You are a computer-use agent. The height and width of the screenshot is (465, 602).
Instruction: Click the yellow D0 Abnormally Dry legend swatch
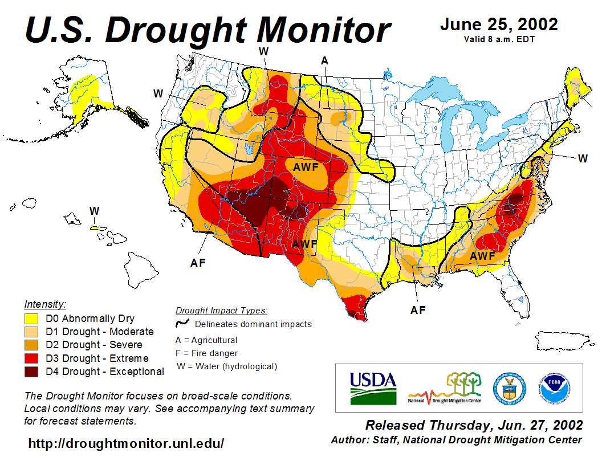[x=31, y=319]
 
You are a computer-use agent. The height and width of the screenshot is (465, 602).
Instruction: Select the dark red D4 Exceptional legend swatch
[x=31, y=372]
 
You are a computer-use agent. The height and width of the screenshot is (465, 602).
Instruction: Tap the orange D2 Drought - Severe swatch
[x=31, y=345]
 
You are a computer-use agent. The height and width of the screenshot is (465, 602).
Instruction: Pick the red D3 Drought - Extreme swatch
[x=31, y=358]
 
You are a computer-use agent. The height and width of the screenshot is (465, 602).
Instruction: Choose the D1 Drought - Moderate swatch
[x=31, y=332]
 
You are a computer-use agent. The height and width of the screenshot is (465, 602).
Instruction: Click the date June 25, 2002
[x=499, y=25]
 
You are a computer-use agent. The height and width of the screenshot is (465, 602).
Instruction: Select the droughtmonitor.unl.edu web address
[x=126, y=443]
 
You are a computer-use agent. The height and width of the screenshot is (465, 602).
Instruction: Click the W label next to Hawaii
[x=94, y=211]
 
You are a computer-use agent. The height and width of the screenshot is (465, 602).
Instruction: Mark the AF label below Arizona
[x=198, y=263]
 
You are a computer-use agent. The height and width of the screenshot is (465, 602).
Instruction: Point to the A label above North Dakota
[x=324, y=61]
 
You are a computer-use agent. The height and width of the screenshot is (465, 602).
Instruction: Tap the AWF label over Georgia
[x=482, y=256]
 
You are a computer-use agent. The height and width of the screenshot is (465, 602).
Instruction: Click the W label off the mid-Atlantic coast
[x=582, y=158]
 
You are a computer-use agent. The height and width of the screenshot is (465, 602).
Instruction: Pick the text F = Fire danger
[x=206, y=353]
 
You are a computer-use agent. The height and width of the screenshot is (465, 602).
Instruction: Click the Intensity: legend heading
[x=45, y=304]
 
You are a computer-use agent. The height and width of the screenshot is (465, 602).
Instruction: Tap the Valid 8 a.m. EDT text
[x=499, y=39]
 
